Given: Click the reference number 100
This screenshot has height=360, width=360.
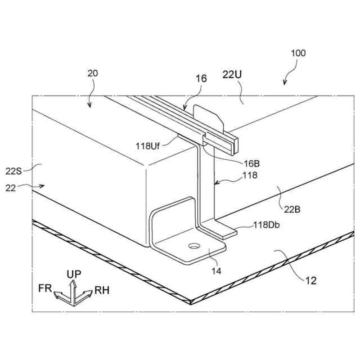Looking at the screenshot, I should pos(298,53).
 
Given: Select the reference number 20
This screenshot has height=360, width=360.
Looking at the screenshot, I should pos(93,74).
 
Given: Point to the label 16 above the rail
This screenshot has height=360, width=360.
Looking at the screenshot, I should pos(201,79).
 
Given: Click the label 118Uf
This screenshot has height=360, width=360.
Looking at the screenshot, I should pos(148,145).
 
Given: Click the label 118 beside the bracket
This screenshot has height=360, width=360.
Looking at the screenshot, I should pos(250,175).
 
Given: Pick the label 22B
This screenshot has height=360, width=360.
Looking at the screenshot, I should pos(292,209).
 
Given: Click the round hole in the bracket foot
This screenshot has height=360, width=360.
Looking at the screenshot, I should pos(193,246).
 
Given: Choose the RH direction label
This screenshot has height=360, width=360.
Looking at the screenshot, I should pos(102,290).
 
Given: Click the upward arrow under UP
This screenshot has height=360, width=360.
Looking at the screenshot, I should pos(73,286).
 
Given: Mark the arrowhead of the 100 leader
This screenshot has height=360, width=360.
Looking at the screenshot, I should pos(285,83).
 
